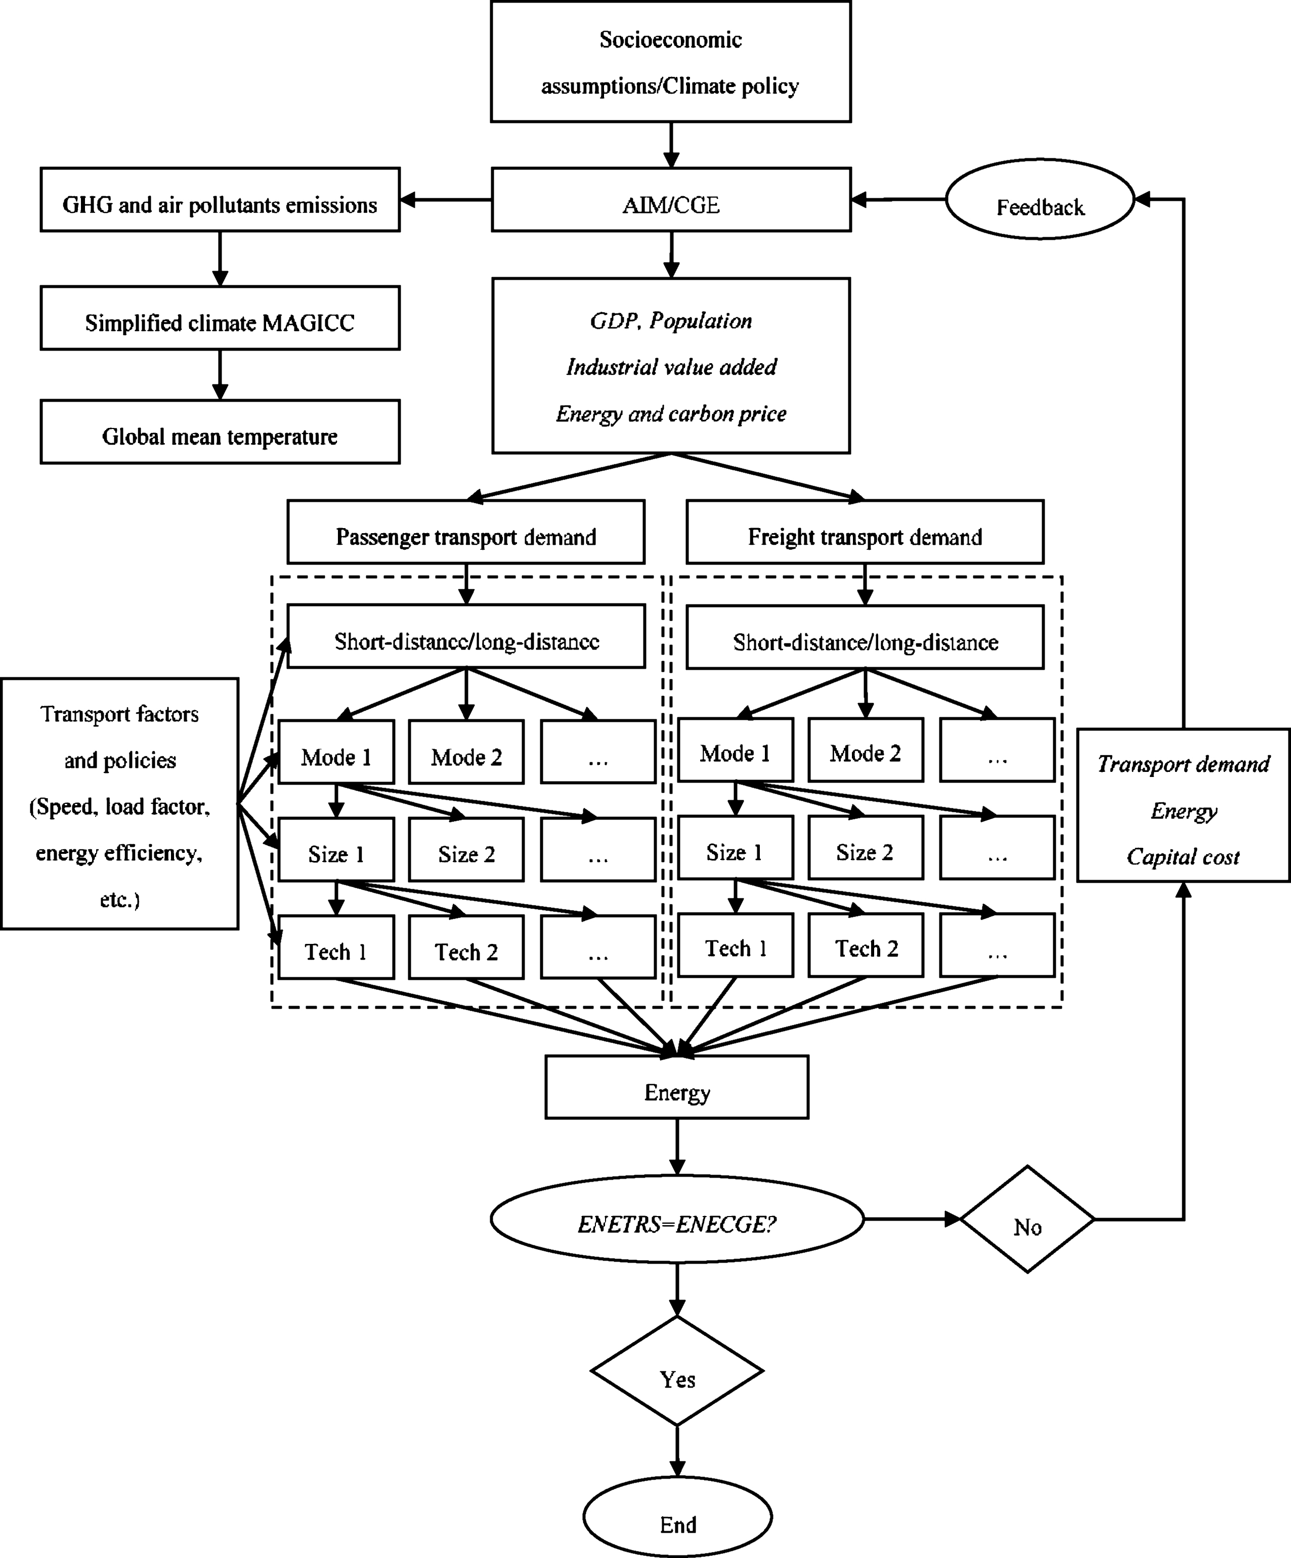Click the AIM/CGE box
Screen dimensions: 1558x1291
tap(671, 200)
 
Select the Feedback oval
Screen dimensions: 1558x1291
tap(1040, 200)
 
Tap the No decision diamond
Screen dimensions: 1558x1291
tap(1027, 1228)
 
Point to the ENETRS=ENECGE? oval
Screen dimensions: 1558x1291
tap(677, 1225)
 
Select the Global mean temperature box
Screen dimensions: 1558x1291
tap(220, 432)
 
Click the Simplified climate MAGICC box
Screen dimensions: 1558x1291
tap(220, 318)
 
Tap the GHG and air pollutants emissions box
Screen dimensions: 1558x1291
tap(220, 200)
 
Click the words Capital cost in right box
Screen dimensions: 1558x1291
tap(1183, 857)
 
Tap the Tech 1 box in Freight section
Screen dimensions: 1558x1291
tap(735, 945)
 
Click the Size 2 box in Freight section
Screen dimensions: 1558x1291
tap(865, 848)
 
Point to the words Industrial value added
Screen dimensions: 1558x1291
tap(671, 367)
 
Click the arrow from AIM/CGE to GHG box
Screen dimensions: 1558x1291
tap(445, 200)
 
